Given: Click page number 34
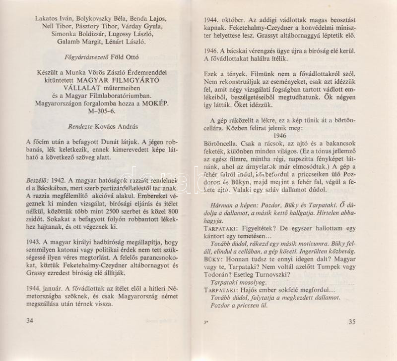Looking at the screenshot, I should (29, 321).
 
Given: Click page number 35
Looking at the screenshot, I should (352, 322).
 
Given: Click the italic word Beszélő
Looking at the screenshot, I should (38, 181).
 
